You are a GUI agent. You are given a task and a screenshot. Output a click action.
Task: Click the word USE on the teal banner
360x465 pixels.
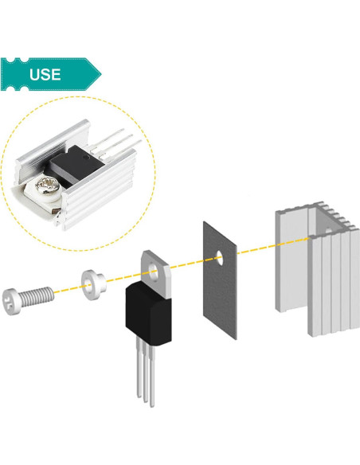[46, 75]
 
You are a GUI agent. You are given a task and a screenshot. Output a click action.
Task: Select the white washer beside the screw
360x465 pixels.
[92, 284]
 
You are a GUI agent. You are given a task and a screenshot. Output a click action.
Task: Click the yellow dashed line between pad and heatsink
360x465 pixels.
[255, 250]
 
